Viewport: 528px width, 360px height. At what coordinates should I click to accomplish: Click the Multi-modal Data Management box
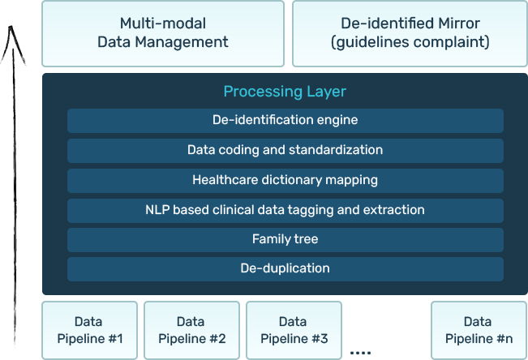163,33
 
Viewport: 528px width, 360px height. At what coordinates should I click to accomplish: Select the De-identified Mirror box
410,33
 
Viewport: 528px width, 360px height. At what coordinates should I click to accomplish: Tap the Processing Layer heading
285,92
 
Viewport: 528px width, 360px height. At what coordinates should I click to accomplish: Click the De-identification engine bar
285,120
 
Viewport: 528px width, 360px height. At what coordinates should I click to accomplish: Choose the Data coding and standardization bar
285,150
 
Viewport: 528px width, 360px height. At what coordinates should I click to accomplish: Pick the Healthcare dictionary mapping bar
285,180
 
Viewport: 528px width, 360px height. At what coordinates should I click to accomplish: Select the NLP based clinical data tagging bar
285,210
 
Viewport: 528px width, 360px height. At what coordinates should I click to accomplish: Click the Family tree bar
285,239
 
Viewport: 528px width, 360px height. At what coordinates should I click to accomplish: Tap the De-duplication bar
285,268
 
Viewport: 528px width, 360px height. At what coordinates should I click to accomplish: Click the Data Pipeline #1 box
89,330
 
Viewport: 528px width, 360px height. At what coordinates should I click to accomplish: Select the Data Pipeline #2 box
191,330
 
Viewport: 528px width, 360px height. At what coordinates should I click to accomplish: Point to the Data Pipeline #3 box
294,330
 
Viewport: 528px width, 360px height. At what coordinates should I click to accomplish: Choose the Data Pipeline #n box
479,330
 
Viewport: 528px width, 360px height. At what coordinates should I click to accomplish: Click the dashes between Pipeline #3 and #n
361,353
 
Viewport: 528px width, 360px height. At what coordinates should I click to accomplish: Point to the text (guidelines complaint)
410,42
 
